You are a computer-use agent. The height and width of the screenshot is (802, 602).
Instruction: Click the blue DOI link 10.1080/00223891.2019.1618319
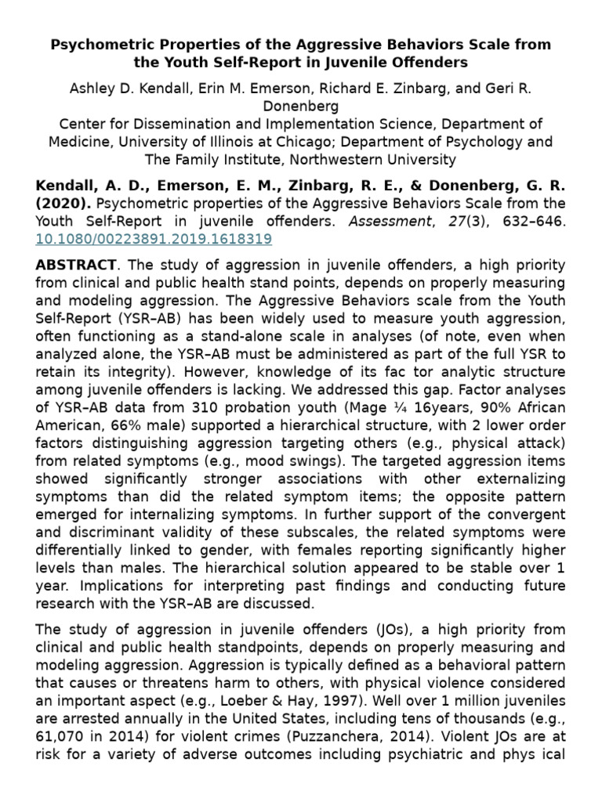pyautogui.click(x=154, y=238)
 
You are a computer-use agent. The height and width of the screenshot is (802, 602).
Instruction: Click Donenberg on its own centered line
pyautogui.click(x=300, y=106)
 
